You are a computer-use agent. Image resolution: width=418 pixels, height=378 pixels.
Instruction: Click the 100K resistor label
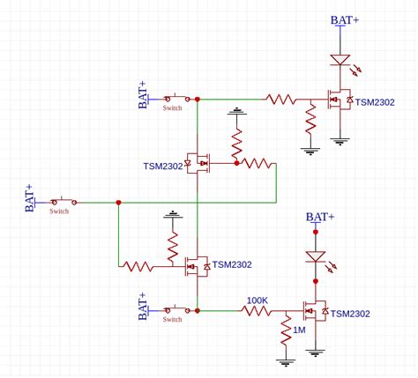[x=258, y=300]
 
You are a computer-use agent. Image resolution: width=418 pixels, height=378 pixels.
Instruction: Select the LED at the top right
[x=340, y=61]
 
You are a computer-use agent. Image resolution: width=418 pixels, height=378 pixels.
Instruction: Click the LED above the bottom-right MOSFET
[x=315, y=256]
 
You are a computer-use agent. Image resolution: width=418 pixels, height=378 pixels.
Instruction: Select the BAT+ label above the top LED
[x=345, y=20]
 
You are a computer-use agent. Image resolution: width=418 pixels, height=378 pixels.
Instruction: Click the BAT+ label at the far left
[x=28, y=199]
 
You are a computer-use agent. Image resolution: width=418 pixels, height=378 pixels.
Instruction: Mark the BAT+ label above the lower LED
[x=320, y=217]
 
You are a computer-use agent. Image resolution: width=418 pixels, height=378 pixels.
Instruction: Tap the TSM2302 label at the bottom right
[x=350, y=314]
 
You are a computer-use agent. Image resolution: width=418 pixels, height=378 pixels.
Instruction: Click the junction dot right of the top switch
[x=198, y=99]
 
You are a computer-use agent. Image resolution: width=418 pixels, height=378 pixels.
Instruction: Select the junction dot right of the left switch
[x=118, y=203]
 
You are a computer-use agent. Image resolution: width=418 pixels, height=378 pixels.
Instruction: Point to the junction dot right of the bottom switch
[x=198, y=310]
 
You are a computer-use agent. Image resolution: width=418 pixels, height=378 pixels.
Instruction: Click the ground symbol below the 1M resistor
[x=286, y=359]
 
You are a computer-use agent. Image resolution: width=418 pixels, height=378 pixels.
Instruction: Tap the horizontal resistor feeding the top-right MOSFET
[x=281, y=100]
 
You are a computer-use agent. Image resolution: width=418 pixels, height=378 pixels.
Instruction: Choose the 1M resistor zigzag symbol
[x=286, y=331]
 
